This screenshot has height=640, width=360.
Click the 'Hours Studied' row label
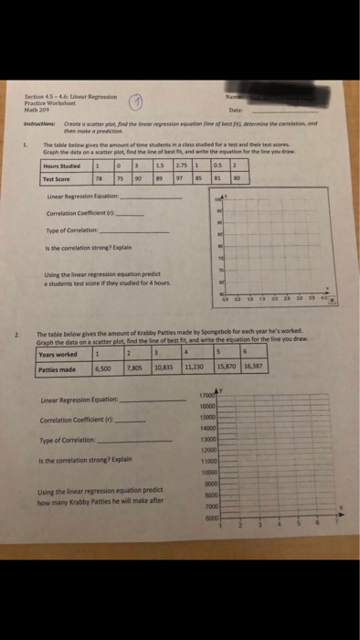click(x=61, y=165)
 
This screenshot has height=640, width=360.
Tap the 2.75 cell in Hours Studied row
click(x=178, y=165)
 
